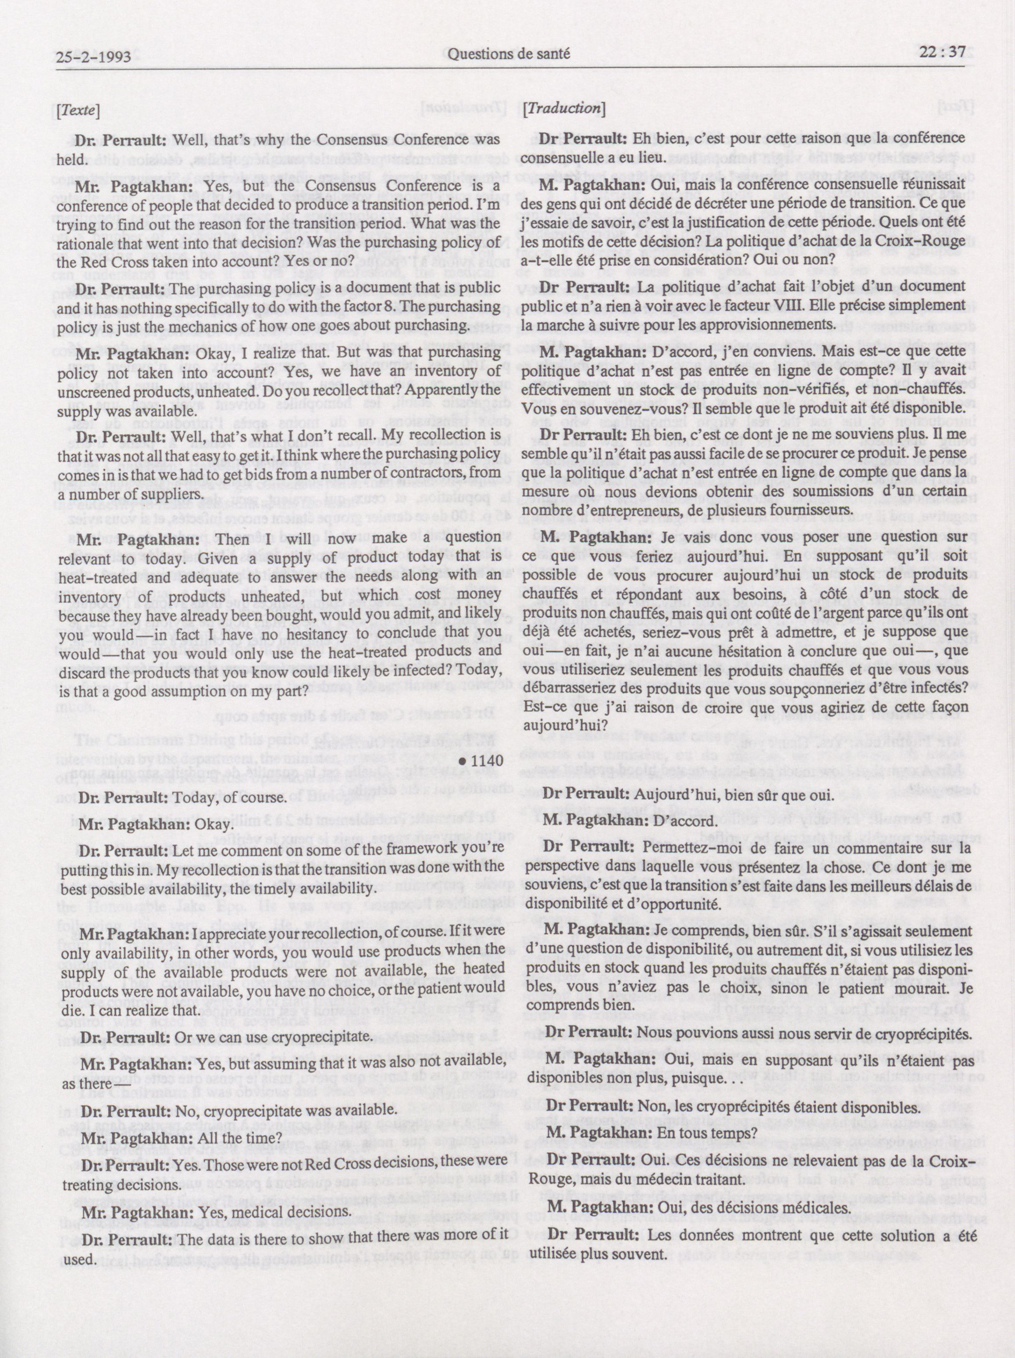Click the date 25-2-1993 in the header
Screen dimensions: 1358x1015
[x=93, y=57]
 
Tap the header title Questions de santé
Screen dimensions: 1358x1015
[x=509, y=54]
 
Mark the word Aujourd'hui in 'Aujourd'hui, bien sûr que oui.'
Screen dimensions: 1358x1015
[x=685, y=796]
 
